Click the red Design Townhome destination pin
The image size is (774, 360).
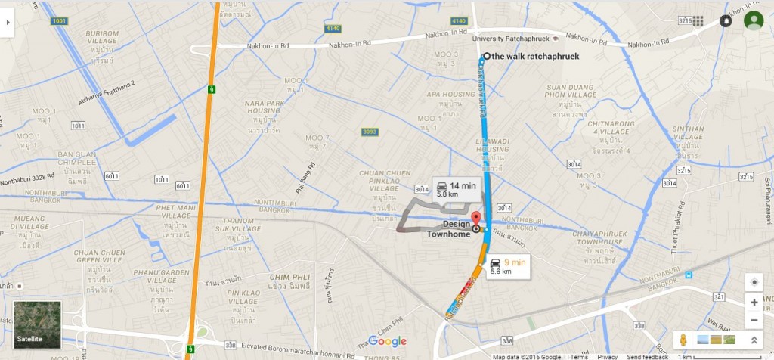pyautogui.click(x=476, y=219)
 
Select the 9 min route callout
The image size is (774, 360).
pyautogui.click(x=506, y=266)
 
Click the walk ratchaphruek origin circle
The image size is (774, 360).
pyautogui.click(x=486, y=56)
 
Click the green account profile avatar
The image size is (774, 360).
pyautogui.click(x=753, y=20)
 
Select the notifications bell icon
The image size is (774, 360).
pyautogui.click(x=726, y=21)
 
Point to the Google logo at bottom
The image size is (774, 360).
pyautogui.click(x=387, y=341)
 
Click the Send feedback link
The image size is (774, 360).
pyautogui.click(x=647, y=357)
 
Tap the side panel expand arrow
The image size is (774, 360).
pyautogui.click(x=8, y=22)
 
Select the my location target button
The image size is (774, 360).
pyautogui.click(x=754, y=282)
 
